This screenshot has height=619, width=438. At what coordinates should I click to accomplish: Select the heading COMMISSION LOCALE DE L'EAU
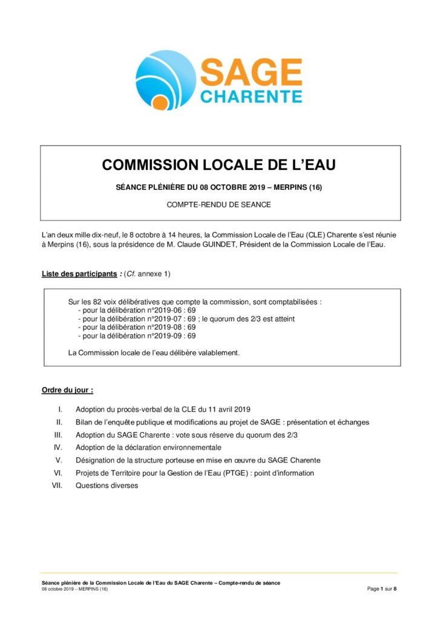(218, 165)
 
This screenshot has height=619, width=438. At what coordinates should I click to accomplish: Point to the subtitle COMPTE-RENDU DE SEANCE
(218, 204)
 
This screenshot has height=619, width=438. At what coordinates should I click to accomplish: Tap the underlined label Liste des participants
(79, 274)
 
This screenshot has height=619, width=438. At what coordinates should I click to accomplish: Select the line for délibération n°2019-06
(137, 309)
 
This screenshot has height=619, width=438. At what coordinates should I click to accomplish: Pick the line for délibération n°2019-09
(137, 335)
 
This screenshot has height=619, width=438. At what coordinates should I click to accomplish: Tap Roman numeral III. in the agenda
(58, 435)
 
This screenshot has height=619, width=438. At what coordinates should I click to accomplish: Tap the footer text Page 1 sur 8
(382, 589)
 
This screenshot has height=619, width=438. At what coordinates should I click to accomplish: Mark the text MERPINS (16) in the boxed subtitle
(298, 187)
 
